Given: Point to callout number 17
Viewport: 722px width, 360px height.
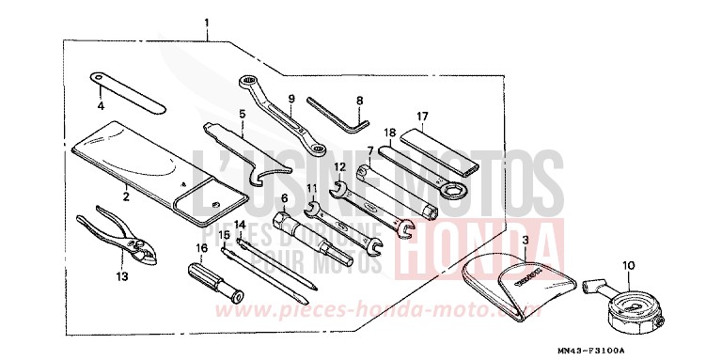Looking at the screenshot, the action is [x=423, y=117].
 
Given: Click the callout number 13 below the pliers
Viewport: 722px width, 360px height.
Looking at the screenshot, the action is [x=120, y=276].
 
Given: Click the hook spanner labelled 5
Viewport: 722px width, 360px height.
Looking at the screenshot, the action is [x=244, y=150].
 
